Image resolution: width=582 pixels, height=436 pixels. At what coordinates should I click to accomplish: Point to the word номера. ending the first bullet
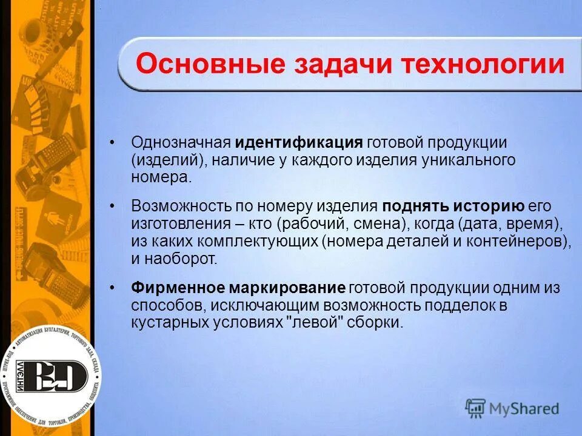pyautogui.click(x=161, y=178)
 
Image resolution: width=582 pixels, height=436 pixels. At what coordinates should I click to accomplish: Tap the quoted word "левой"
pyautogui.click(x=315, y=323)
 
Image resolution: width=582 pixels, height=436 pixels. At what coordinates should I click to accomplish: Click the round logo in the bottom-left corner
pyautogui.click(x=50, y=377)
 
